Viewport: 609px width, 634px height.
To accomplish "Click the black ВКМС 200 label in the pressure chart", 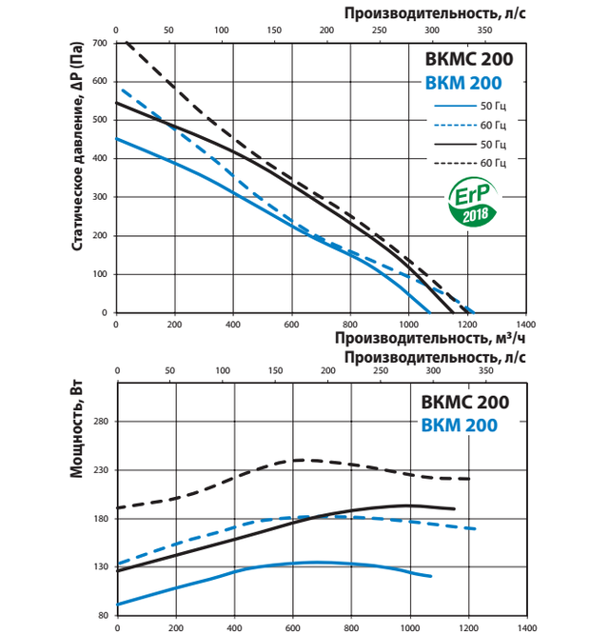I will click(x=467, y=59).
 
